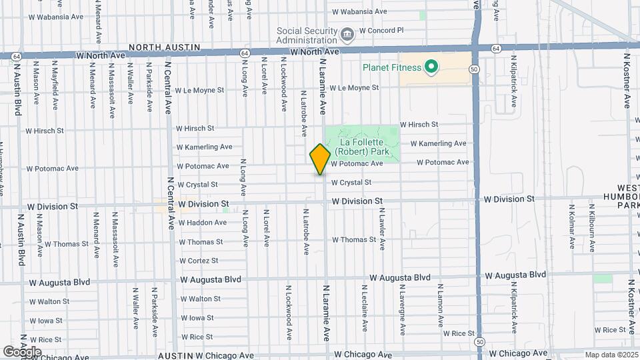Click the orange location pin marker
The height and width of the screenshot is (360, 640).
320,159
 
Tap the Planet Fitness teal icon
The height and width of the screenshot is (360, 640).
431,67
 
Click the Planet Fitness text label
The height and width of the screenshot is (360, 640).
392,67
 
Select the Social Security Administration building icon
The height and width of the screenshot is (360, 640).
347,34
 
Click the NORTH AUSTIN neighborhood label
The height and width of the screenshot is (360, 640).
163,47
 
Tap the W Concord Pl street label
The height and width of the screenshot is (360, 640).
381,31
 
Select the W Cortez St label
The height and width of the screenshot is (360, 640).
199,261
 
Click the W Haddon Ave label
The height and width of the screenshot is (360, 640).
203,223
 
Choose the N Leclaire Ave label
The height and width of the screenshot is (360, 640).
364,308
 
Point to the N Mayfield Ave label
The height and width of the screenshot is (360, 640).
55,85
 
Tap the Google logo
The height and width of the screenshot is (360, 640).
22,351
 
